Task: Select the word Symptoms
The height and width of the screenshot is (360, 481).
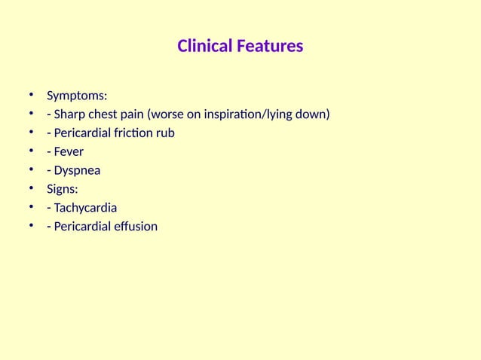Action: pyautogui.click(x=77, y=96)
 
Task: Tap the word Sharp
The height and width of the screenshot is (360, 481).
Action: pyautogui.click(x=69, y=115)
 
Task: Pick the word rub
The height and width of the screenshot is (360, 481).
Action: pyautogui.click(x=165, y=133)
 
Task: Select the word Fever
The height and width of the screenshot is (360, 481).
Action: pyautogui.click(x=69, y=152)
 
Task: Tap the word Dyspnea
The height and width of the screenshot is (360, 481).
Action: pyautogui.click(x=76, y=170)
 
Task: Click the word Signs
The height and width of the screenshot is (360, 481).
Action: pyautogui.click(x=63, y=189)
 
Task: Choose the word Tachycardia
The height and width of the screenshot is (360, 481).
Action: pyautogui.click(x=85, y=208)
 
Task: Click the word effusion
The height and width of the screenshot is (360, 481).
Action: pyautogui.click(x=135, y=226)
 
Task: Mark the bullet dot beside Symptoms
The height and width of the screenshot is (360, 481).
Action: pyautogui.click(x=32, y=96)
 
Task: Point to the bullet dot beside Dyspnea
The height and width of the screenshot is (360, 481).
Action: pyautogui.click(x=32, y=170)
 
